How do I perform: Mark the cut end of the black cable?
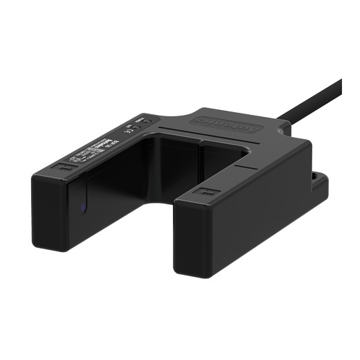pyautogui.click(x=340, y=81)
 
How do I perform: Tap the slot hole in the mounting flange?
pyautogui.click(x=319, y=178)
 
